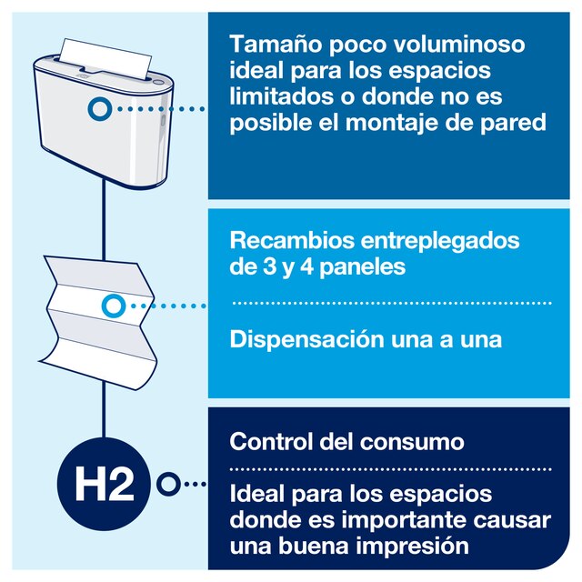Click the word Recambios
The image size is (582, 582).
point(292,240)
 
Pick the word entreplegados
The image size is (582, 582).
point(440,242)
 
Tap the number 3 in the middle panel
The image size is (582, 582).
point(270,266)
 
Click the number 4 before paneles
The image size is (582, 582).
point(307,266)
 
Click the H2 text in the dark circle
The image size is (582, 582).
point(105,484)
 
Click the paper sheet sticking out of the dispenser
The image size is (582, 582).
point(105,58)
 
